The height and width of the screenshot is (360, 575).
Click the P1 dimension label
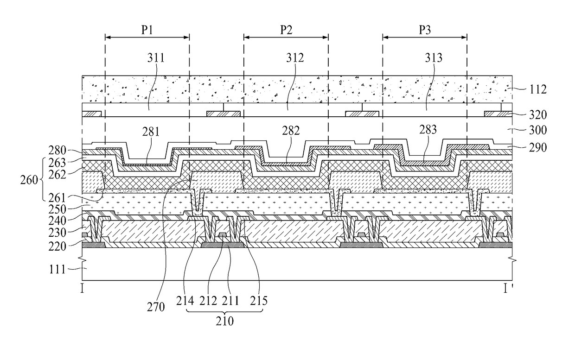[x=147, y=30]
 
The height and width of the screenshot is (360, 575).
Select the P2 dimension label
[x=286, y=30]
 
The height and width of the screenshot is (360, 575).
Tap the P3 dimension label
[x=425, y=30]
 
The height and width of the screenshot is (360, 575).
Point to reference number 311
[x=156, y=58]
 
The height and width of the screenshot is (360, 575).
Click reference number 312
[x=295, y=58]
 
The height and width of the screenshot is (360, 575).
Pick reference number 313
[x=434, y=58]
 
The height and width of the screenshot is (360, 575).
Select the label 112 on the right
[x=538, y=89]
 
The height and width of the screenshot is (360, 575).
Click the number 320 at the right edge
[x=538, y=114]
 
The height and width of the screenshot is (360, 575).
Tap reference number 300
[x=538, y=130]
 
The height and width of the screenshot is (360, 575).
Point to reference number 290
[x=538, y=147]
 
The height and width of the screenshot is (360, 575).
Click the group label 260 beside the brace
[x=29, y=180]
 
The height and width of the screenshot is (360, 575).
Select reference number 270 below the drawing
[x=156, y=307]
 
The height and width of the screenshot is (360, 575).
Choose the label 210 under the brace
[x=224, y=321]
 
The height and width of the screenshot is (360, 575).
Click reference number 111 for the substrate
[x=57, y=270]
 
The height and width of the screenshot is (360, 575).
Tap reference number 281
[x=151, y=132]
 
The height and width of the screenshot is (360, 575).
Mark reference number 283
[x=428, y=130]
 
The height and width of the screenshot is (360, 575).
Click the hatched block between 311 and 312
[x=224, y=114]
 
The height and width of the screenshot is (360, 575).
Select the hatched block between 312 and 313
[x=362, y=114]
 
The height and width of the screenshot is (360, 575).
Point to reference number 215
[x=259, y=301]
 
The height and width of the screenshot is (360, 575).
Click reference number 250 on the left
[x=57, y=209]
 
